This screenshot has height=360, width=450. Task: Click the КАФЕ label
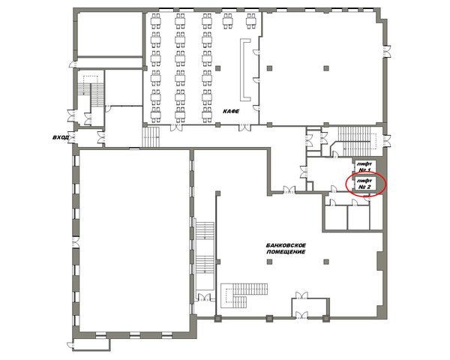point(231,111)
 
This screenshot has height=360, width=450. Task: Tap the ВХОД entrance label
point(61,137)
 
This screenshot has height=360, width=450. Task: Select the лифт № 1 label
point(364,166)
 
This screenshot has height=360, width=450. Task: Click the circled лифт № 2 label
point(364,184)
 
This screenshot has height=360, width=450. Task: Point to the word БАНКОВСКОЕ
point(286,245)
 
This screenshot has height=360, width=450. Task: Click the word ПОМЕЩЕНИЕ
point(286,252)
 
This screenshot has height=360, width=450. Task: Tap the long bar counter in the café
point(245,70)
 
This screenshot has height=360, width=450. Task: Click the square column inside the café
point(218,68)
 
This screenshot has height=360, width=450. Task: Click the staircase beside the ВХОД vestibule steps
point(151,137)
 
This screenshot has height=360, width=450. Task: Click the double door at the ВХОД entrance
point(71,138)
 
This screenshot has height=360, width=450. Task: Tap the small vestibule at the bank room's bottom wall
point(310,307)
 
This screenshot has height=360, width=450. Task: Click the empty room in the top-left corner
point(110,34)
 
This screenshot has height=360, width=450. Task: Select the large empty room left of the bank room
point(134,240)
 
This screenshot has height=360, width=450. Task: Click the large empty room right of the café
point(322,67)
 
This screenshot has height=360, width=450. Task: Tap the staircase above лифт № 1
point(357,141)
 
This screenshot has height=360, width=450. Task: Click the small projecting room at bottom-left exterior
point(91,344)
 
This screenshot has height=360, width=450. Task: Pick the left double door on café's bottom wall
point(176,127)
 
